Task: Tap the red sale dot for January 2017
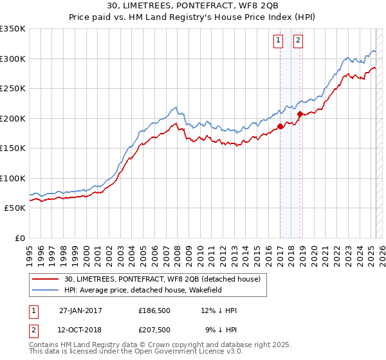click(280, 127)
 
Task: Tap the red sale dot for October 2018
click(300, 114)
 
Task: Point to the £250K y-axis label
click(13, 89)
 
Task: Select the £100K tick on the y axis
click(13, 178)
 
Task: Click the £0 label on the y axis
click(19, 238)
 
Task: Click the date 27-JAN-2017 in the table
click(80, 310)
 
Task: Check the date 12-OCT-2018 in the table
click(80, 330)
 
